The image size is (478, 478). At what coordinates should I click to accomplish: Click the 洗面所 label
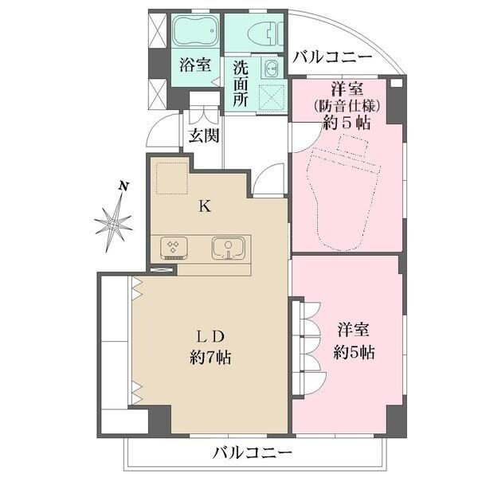click(241, 84)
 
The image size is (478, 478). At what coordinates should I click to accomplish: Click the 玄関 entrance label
click(203, 135)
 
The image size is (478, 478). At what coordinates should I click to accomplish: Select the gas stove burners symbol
click(174, 248)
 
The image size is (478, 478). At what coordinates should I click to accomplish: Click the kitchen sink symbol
click(228, 248)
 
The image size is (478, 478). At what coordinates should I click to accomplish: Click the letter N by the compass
click(123, 186)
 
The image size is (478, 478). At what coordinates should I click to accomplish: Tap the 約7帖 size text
click(210, 358)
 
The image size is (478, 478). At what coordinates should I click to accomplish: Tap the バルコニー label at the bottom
click(252, 454)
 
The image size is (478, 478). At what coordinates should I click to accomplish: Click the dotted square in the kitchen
click(170, 178)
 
